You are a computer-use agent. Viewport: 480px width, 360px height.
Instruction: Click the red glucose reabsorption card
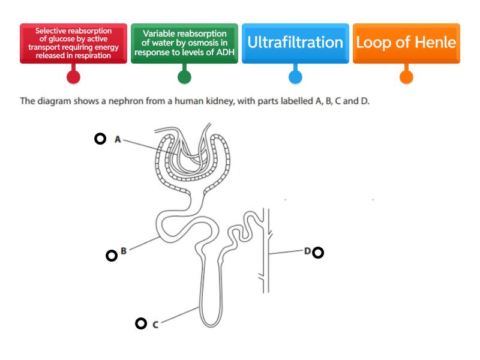pyautogui.click(x=73, y=43)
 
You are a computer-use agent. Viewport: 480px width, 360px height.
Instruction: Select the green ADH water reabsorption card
pyautogui.click(x=184, y=43)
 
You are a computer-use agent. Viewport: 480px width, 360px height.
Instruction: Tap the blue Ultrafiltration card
pyautogui.click(x=295, y=43)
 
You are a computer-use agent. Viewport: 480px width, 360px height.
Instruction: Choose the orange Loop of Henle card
pyautogui.click(x=406, y=43)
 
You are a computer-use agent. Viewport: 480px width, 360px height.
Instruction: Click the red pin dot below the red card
pyautogui.click(x=73, y=77)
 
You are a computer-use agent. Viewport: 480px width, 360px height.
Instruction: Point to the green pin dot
pyautogui.click(x=184, y=77)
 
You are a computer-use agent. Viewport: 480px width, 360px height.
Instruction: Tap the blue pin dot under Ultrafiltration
pyautogui.click(x=295, y=77)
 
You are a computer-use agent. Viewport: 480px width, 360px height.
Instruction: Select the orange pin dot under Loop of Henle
pyautogui.click(x=406, y=77)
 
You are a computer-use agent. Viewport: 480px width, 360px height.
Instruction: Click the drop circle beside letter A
pyautogui.click(x=100, y=139)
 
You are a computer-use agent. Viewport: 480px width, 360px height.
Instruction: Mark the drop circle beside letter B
pyautogui.click(x=111, y=256)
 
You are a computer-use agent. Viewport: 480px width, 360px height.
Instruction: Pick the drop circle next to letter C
pyautogui.click(x=140, y=323)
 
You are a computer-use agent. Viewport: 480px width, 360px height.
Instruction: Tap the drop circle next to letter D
pyautogui.click(x=318, y=253)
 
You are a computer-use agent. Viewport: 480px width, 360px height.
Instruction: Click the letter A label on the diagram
pyautogui.click(x=118, y=139)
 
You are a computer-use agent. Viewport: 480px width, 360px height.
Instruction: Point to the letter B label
pyautogui.click(x=124, y=251)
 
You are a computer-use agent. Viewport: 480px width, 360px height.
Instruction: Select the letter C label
pyautogui.click(x=155, y=325)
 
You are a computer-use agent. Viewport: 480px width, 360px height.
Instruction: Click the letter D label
pyautogui.click(x=307, y=251)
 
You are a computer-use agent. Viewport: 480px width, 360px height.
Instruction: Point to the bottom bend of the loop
pyautogui.click(x=209, y=324)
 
